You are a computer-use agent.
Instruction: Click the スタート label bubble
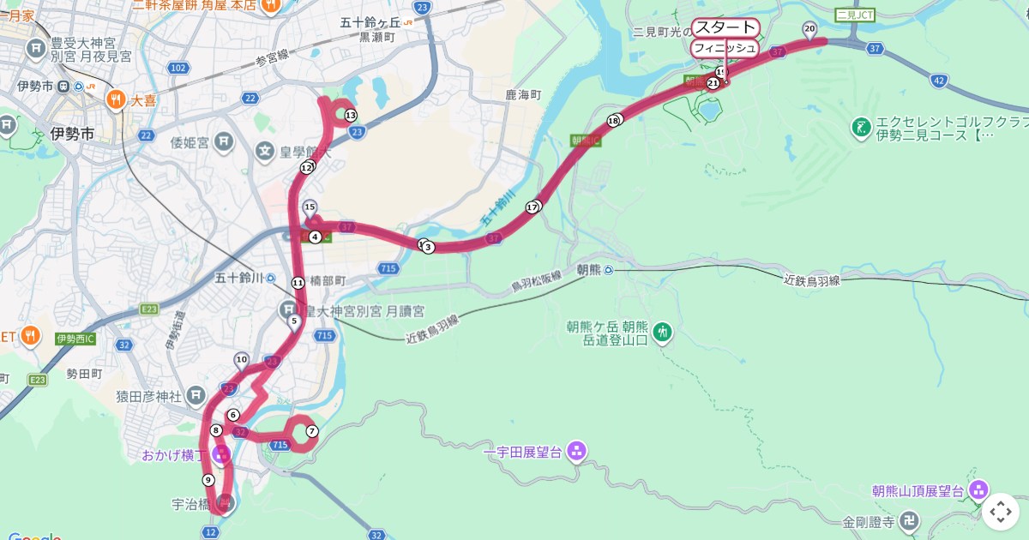coord(725,27)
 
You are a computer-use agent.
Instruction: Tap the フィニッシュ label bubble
coord(725,48)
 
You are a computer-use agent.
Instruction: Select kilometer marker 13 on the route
coord(350,115)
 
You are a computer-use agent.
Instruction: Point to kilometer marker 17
coord(533,207)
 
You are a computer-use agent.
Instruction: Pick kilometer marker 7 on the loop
coord(312,431)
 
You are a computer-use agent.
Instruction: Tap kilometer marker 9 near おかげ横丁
coord(208,480)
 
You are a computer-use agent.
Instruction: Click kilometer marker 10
coord(242,360)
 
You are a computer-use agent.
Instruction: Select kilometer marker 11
coord(298,283)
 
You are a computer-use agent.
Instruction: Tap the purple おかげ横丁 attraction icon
coord(221,454)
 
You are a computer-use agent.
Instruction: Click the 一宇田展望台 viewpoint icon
coord(576,450)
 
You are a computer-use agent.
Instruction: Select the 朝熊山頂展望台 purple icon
coord(978,490)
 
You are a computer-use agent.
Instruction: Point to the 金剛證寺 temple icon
coord(910,520)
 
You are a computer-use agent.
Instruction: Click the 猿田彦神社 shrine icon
coord(196,395)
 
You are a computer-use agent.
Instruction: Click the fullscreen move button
coord(1001,512)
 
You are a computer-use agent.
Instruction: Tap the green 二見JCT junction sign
coord(854,15)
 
